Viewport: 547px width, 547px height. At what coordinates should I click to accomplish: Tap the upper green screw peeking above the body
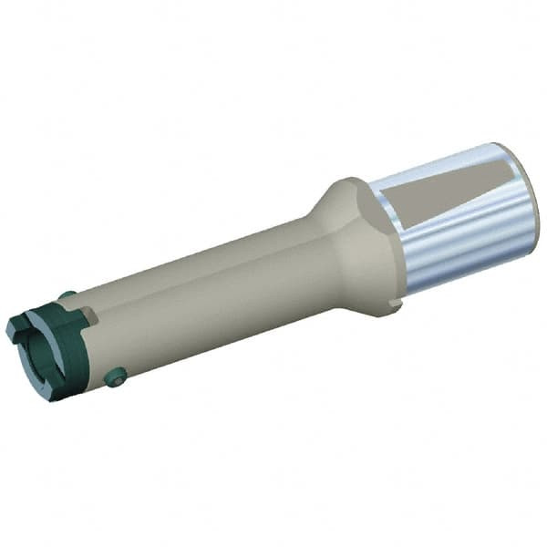pos(67,295)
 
